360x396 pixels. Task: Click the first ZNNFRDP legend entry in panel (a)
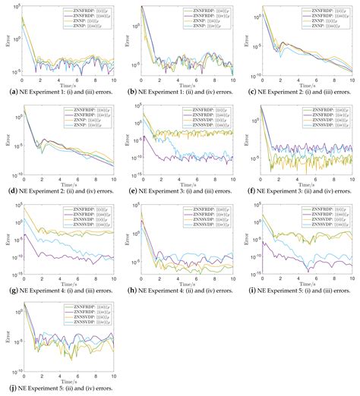tap(84, 11)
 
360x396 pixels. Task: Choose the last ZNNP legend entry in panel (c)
tap(325, 27)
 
